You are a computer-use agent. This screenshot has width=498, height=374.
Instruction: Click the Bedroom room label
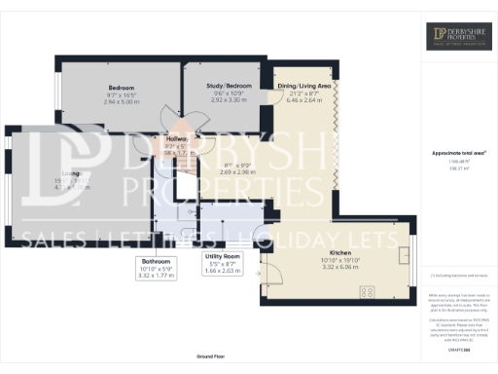click(120, 89)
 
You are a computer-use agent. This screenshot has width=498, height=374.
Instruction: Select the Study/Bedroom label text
click(230, 87)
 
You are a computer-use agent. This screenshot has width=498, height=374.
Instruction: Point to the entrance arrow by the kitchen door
click(260, 275)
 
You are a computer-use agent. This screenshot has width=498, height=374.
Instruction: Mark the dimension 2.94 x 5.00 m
click(120, 101)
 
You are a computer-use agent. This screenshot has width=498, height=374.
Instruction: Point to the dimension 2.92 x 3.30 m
click(230, 99)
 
